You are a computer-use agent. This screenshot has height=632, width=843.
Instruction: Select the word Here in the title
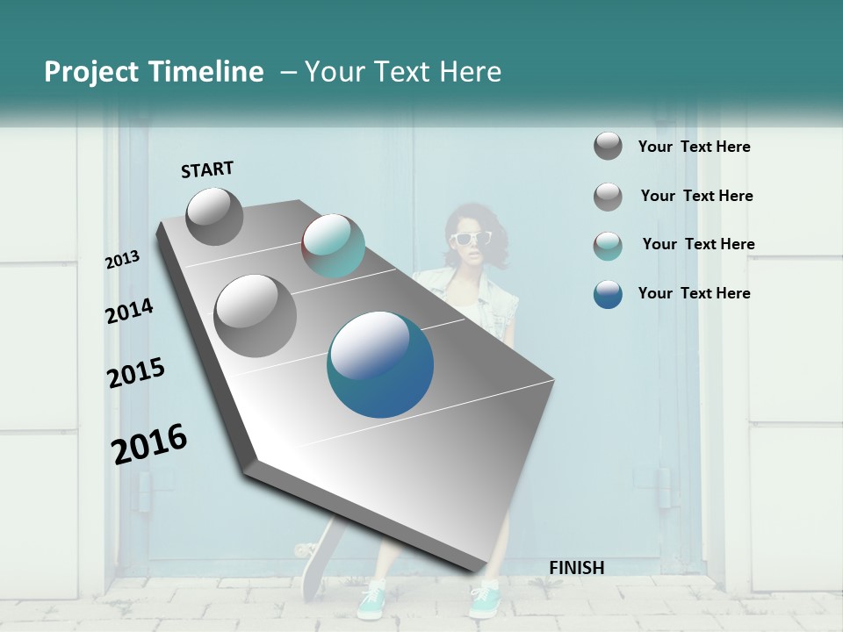click(469, 72)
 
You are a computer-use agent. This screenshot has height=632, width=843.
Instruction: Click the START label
click(207, 169)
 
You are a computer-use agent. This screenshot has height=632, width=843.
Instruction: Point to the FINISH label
click(576, 568)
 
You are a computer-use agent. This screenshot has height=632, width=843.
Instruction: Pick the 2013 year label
click(122, 260)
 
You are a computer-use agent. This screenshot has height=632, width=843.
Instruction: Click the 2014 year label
click(129, 311)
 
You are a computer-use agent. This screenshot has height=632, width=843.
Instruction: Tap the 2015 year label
click(135, 373)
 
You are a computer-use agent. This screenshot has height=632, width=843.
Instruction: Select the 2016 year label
click(149, 444)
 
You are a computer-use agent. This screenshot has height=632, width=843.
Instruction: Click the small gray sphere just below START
click(214, 216)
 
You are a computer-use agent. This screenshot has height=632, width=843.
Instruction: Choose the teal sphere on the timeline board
click(333, 246)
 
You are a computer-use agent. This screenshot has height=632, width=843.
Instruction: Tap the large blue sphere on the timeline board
click(380, 364)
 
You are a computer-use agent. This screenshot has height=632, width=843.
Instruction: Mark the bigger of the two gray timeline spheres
click(255, 315)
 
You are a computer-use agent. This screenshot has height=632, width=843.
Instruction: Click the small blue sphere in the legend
click(608, 294)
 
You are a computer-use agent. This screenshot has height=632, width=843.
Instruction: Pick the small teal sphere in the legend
click(608, 246)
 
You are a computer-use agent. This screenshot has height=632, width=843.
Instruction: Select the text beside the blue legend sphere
click(694, 293)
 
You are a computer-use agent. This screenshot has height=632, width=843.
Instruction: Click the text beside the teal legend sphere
click(698, 244)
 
